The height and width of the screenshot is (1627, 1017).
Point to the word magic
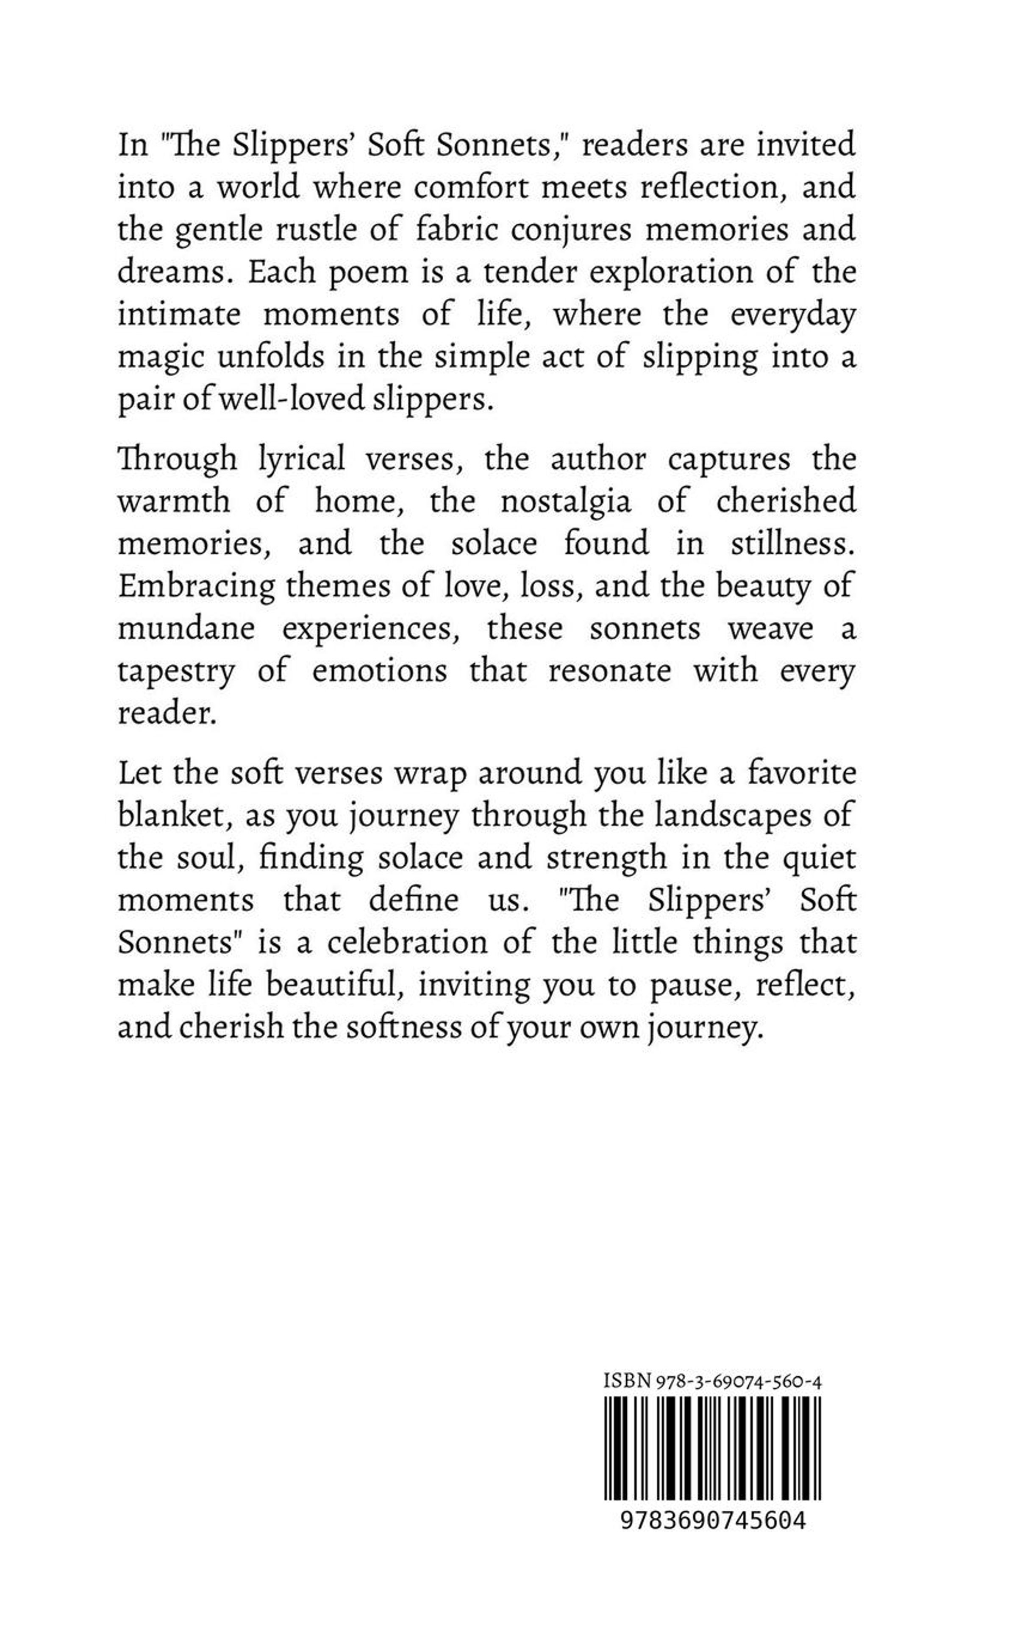point(159,358)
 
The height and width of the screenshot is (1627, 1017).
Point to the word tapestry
point(176,671)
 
